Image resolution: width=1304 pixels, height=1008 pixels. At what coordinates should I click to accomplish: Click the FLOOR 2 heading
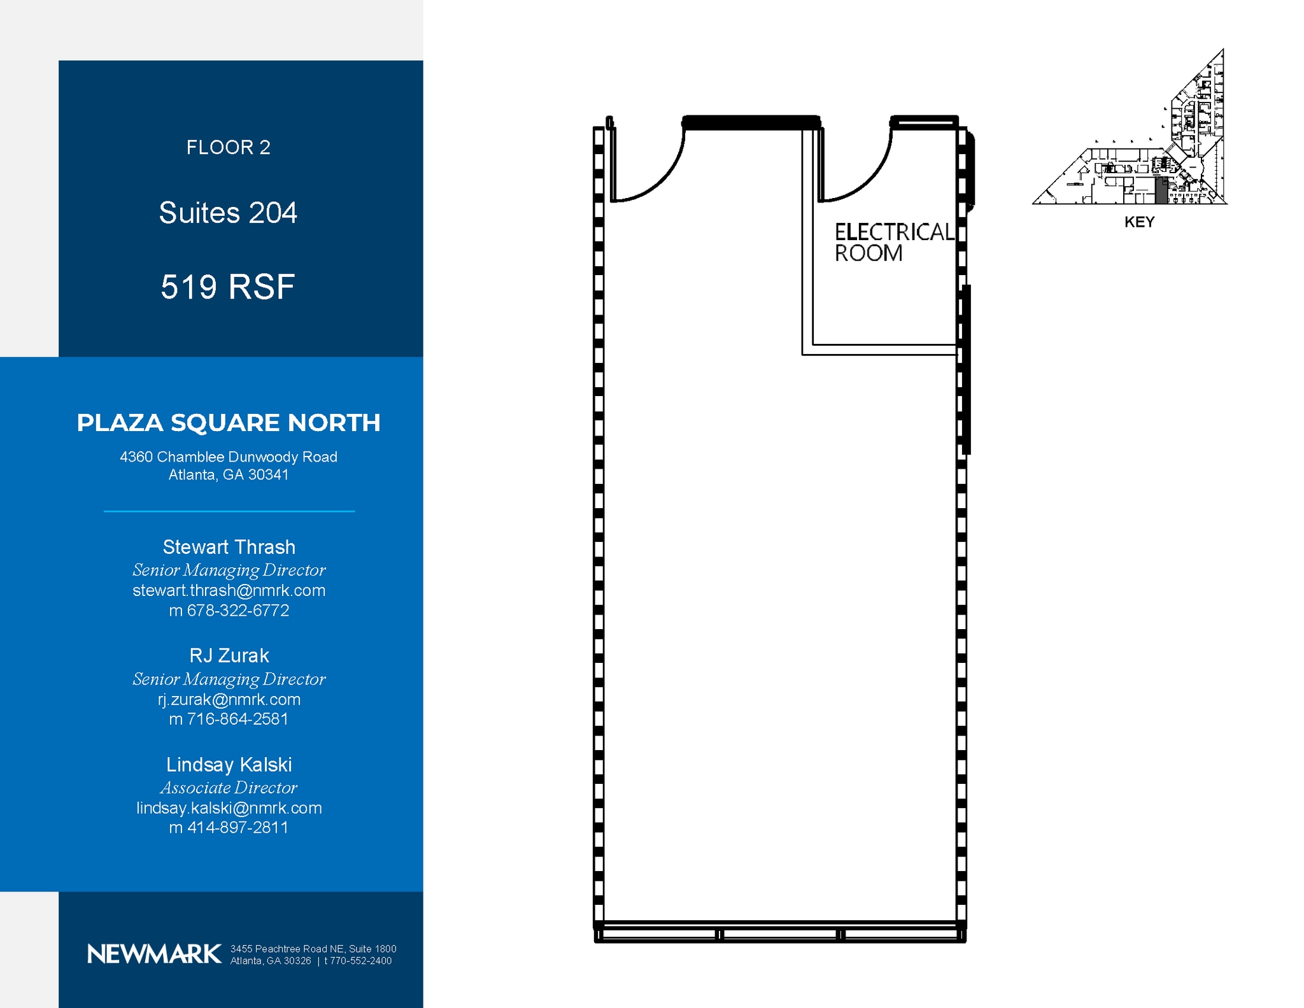(228, 148)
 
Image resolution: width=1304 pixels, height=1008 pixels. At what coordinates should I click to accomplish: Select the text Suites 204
(228, 213)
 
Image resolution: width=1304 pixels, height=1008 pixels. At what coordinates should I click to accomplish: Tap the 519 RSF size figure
(228, 287)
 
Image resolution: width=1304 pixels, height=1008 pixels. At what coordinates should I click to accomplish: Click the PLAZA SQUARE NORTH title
(229, 423)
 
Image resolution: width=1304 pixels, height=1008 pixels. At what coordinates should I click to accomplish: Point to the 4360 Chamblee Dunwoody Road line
(229, 457)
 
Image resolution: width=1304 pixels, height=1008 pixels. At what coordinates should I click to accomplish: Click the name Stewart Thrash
(229, 547)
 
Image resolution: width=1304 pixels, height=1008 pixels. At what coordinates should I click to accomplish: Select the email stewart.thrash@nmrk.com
(229, 590)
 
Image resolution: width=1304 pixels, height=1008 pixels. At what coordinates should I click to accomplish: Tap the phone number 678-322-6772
(237, 610)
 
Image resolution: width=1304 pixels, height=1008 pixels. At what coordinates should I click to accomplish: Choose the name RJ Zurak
(229, 655)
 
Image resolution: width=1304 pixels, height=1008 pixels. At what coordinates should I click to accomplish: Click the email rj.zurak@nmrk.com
(229, 699)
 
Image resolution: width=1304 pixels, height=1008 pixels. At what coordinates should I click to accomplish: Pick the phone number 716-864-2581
(237, 719)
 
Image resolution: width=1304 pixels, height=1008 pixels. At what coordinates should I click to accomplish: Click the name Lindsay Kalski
(229, 764)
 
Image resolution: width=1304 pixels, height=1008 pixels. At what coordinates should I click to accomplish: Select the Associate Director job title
(229, 788)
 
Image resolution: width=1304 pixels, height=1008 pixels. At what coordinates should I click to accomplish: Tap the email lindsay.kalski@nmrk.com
(229, 808)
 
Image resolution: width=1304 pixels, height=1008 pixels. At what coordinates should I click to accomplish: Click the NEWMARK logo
(154, 954)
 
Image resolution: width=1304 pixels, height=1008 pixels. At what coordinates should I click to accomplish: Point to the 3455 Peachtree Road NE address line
(313, 949)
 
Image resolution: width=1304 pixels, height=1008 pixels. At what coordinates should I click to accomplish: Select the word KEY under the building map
(1139, 222)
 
